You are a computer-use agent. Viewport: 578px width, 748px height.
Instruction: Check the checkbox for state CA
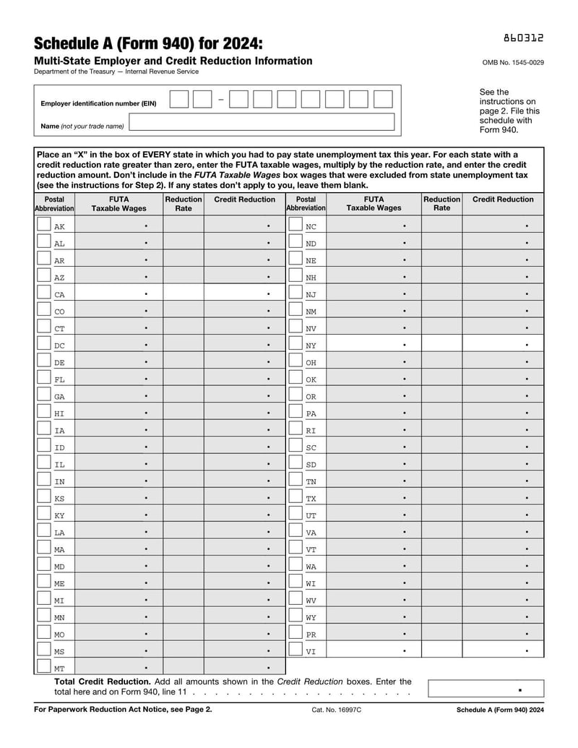coord(43,293)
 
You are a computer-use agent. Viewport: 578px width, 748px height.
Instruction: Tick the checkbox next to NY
coord(295,345)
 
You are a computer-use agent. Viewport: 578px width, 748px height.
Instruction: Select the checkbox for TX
coord(295,498)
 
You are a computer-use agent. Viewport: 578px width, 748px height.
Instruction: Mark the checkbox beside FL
coord(43,379)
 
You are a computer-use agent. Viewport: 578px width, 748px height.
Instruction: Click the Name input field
coord(262,123)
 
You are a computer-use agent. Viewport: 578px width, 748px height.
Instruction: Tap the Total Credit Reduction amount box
coord(485,689)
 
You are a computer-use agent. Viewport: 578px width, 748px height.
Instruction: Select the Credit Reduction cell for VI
coord(503,650)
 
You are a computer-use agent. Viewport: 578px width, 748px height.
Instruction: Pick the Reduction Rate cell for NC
coord(441,225)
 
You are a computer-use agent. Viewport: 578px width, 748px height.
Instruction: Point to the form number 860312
coord(524,38)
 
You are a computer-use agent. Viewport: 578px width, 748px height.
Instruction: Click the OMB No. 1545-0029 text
coord(513,63)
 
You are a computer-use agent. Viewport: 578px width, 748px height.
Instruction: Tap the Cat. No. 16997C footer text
coord(336,710)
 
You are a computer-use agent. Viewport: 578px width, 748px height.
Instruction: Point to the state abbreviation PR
coord(311,635)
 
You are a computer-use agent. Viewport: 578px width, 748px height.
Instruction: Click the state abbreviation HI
coord(59,413)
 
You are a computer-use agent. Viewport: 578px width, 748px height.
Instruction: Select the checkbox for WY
coord(295,616)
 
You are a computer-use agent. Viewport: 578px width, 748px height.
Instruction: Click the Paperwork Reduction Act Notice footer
coord(123,710)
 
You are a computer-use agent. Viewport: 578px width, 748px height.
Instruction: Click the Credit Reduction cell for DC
coord(245,345)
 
